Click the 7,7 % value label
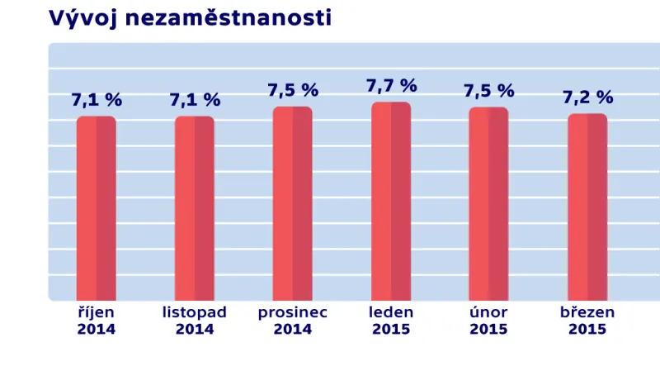point(391,86)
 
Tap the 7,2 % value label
point(587,98)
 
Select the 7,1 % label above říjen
point(97,100)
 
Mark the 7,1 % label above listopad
point(195,100)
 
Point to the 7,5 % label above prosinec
point(293,91)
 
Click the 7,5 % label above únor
point(489,91)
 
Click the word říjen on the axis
point(96,313)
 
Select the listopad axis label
point(194,313)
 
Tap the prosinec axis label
point(292,313)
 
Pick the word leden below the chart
point(391,313)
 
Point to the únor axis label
point(488,313)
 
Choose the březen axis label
point(587,313)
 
